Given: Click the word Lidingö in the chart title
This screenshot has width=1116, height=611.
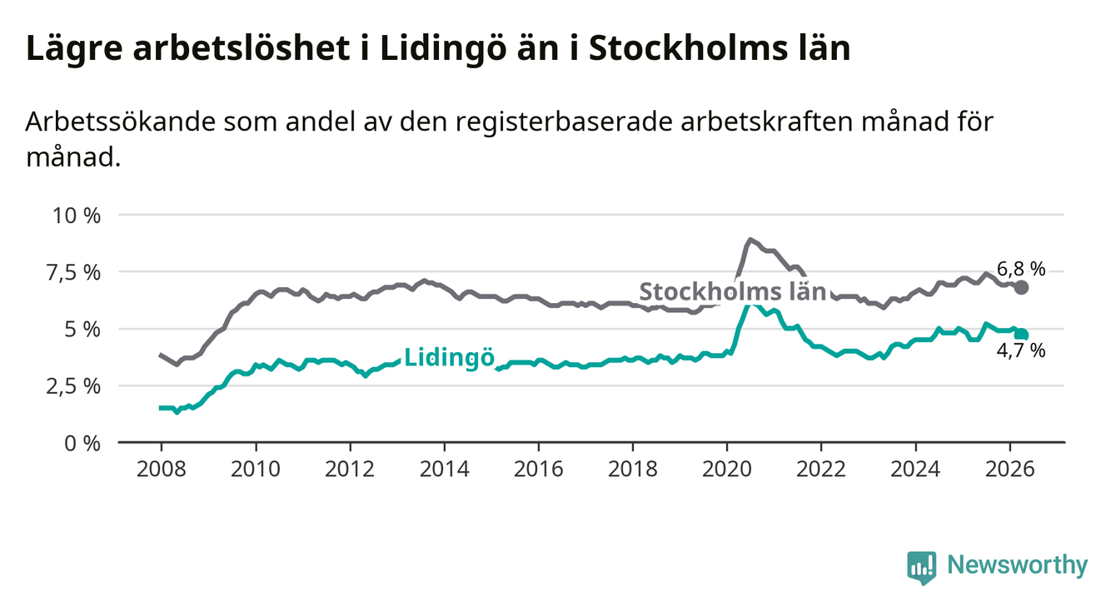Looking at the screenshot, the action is point(444,49).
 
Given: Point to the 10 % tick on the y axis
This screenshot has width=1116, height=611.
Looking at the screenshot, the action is point(77,216).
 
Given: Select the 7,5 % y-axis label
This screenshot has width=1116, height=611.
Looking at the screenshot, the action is point(73,273).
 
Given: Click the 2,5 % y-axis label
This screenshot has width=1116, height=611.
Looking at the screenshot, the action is point(73,386).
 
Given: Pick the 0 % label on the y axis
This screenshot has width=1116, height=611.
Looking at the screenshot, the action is point(82,443).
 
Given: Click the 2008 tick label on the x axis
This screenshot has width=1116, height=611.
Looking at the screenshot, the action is point(161,469).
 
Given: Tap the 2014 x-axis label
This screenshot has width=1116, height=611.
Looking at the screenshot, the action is point(444,469).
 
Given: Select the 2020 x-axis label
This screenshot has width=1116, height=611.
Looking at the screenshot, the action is point(727,469).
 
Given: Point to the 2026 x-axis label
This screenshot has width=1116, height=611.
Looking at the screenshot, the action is point(1010,469).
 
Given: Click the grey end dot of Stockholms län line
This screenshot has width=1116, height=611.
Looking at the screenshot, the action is point(1021,287).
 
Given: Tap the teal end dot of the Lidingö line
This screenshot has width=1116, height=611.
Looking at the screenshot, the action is point(1021,335).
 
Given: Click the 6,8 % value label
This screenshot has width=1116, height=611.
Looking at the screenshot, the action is point(1021,270).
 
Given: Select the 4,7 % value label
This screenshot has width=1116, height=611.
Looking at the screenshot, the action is point(1021,351).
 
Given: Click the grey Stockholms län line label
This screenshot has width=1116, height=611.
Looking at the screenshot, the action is point(733,291).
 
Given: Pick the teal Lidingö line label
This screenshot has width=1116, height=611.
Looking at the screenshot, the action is point(450,358).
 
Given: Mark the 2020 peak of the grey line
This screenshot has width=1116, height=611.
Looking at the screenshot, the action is point(750,240).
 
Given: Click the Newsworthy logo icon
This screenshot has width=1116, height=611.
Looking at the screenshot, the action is point(922,568).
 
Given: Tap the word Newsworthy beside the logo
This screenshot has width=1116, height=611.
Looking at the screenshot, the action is point(1018,565).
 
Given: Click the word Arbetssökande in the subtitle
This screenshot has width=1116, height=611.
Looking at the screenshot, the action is point(121,122).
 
